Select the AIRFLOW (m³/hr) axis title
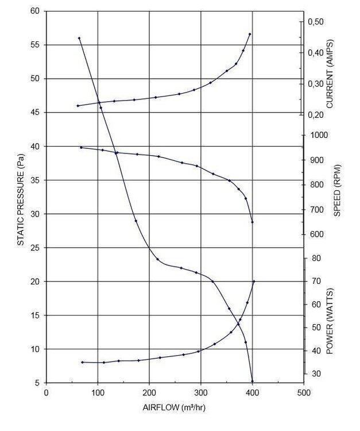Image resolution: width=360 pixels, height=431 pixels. pos(174,407)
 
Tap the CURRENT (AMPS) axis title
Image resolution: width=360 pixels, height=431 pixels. pos(330,74)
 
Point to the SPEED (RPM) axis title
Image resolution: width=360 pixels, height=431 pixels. pos(337,190)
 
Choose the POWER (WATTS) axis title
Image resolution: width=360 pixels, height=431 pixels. pos(330,321)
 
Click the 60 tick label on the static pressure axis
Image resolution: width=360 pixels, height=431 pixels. pos(35,11)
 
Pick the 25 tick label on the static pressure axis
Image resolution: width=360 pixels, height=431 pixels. pos(35,248)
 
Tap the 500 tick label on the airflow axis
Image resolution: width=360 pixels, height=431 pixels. pos(303,392)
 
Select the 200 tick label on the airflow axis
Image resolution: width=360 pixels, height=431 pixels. pos(149,392)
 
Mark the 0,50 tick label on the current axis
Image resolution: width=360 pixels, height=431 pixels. pos(316,22)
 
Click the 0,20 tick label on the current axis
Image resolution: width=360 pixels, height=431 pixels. pos(316,114)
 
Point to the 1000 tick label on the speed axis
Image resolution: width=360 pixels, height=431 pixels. pos(319,135)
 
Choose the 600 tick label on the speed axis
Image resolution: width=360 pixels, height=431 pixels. pos(317,234)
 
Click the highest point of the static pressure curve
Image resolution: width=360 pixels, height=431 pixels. pos(79,38)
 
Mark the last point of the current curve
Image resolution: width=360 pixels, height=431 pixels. pos(250,34)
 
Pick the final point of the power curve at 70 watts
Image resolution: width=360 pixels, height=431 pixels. pos(254,281)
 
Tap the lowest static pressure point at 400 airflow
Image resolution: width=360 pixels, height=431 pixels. pos(253,381)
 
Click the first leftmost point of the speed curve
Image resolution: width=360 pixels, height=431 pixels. pos(81,148)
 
